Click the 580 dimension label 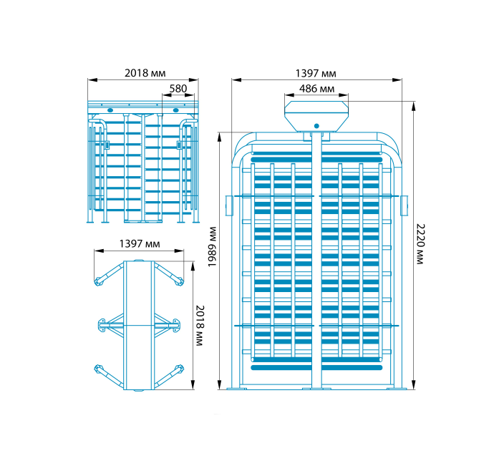pos(178,89)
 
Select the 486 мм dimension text pos(316,89)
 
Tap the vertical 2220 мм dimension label pos(420,244)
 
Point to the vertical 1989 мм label pos(212,247)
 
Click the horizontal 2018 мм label pos(145,73)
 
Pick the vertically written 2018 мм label pos(200,326)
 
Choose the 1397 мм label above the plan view pos(140,243)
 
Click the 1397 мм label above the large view pos(316,73)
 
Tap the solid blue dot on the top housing pos(316,126)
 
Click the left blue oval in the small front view pos(110,110)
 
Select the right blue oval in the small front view pos(176,110)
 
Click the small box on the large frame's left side pos(229,205)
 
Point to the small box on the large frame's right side pos(405,205)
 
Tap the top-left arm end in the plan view pos(98,281)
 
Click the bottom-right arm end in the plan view pos(179,369)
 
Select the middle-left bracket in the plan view pos(102,325)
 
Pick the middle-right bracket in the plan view pos(176,325)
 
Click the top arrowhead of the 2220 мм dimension pos(414,107)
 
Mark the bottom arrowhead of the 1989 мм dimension pos(219,384)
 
